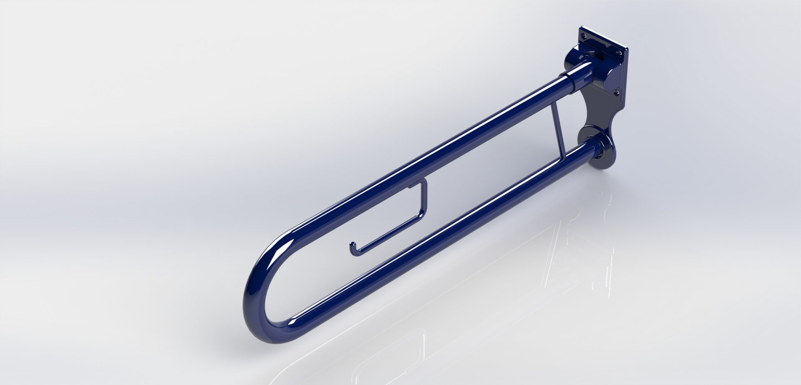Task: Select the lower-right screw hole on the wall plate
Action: tap(618, 93)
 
